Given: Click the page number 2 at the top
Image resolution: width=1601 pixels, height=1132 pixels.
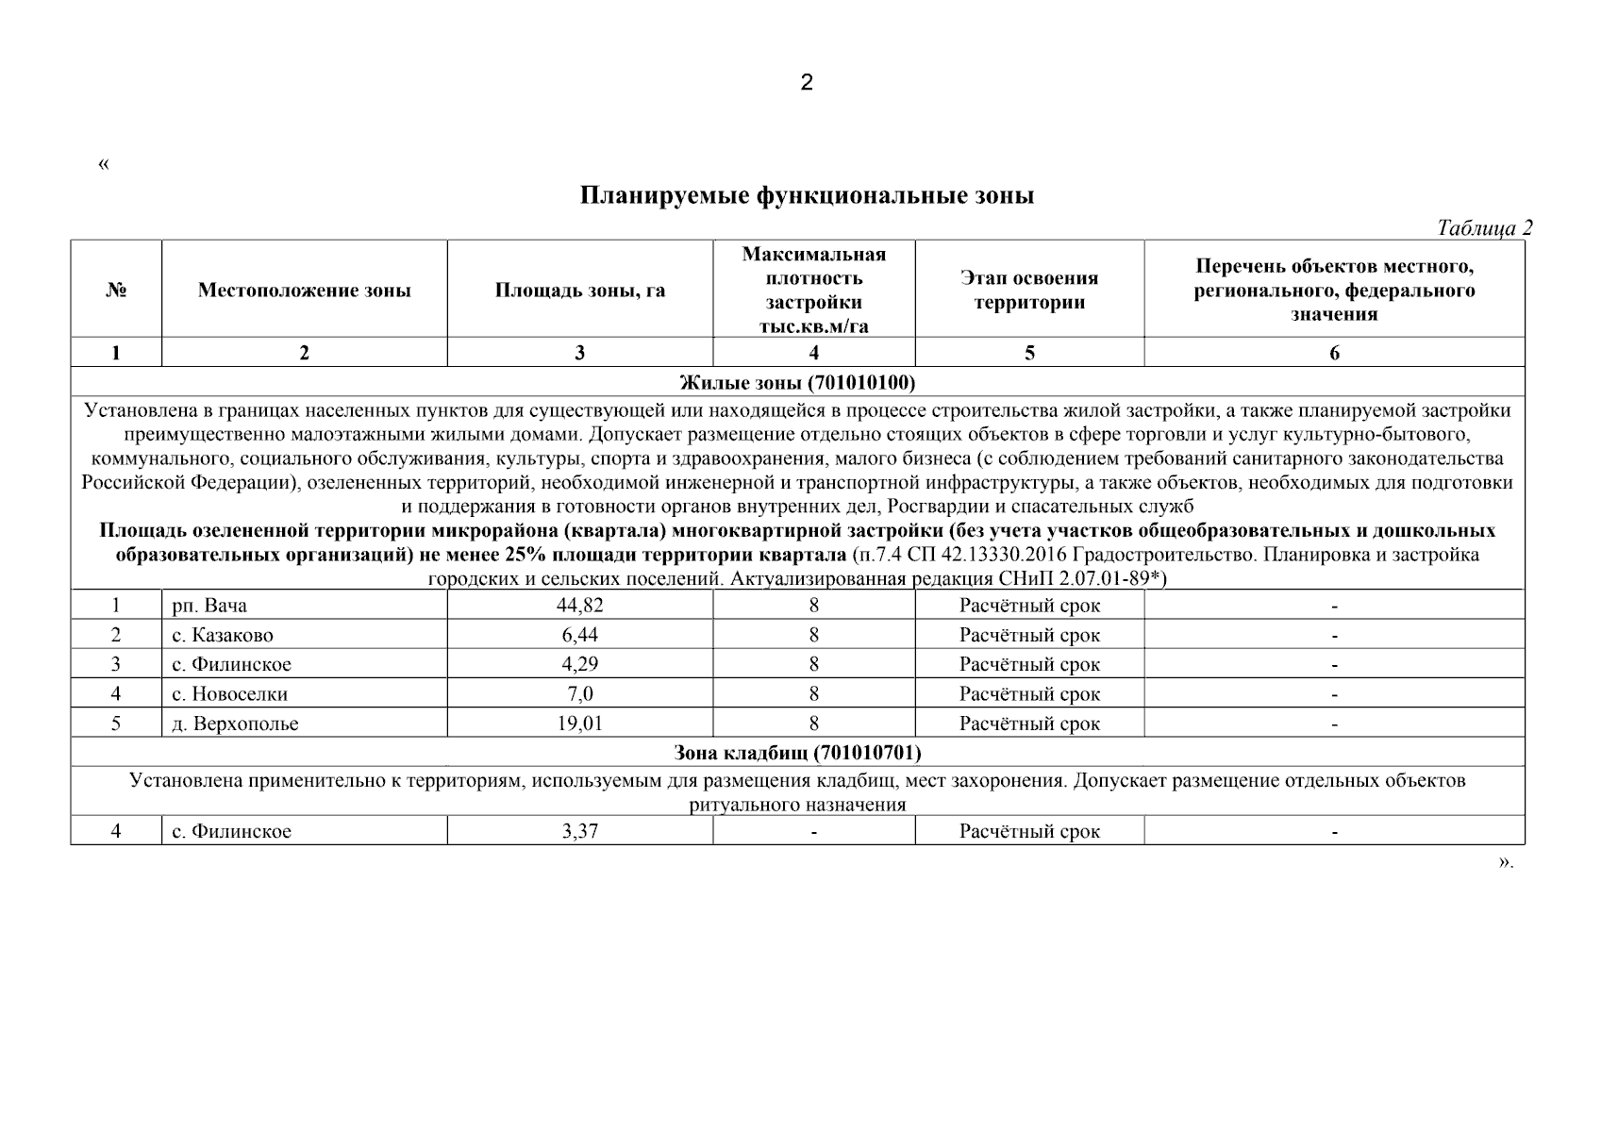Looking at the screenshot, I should click(806, 83).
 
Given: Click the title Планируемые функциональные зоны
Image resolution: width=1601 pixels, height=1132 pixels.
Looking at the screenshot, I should click(807, 196).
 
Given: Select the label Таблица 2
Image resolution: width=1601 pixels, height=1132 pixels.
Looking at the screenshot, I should click(1484, 227).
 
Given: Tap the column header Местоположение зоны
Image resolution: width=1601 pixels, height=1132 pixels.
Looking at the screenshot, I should click(304, 291).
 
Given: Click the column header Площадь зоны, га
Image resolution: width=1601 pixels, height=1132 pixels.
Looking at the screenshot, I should click(579, 291).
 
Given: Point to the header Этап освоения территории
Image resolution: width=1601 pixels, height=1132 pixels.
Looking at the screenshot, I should click(1029, 291).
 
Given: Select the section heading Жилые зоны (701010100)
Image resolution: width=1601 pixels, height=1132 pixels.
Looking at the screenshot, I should click(797, 382).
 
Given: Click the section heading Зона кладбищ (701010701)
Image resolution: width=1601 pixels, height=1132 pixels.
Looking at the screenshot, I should click(797, 753).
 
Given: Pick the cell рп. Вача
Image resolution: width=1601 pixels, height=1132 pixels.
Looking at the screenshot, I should click(209, 606).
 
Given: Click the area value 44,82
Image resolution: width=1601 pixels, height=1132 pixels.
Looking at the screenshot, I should click(579, 606).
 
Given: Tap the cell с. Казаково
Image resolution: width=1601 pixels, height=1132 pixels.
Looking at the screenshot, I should click(223, 635).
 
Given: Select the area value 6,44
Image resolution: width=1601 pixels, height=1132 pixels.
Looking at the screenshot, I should click(579, 635).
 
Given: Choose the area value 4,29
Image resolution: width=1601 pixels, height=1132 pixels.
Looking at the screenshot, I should click(579, 664).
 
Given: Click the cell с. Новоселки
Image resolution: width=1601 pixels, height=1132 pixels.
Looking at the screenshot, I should click(229, 694).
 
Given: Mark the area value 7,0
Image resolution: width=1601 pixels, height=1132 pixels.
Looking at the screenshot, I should click(579, 694).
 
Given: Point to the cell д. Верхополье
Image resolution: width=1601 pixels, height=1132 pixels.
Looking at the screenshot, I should click(235, 724).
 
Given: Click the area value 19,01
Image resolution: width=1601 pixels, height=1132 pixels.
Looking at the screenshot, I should click(579, 724).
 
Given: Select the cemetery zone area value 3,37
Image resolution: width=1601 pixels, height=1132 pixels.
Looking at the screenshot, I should click(579, 831).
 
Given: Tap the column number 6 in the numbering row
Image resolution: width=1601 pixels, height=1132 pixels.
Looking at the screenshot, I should click(1334, 353).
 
